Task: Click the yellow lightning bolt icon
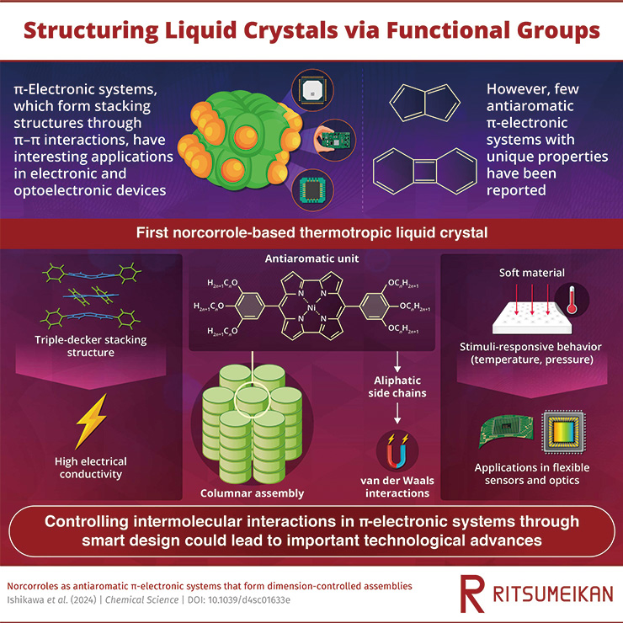92,421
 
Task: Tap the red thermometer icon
572,300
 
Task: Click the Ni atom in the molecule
311,307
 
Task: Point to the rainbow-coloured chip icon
564,432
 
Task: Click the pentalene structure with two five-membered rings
425,103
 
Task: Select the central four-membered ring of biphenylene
424,172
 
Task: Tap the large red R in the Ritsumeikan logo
472,594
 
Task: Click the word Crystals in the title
290,30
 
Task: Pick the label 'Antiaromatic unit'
311,258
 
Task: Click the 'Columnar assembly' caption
252,493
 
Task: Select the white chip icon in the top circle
312,90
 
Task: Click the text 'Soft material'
531,273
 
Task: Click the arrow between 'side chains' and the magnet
397,413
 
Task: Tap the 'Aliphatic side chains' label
397,386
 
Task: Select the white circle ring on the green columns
253,400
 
